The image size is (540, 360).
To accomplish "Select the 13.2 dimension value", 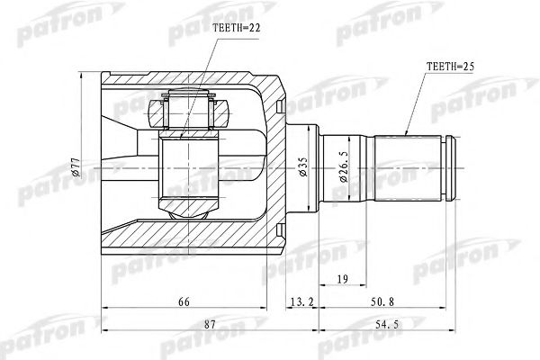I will tap(302, 301).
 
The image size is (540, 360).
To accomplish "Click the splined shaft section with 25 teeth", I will tap(410, 167).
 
